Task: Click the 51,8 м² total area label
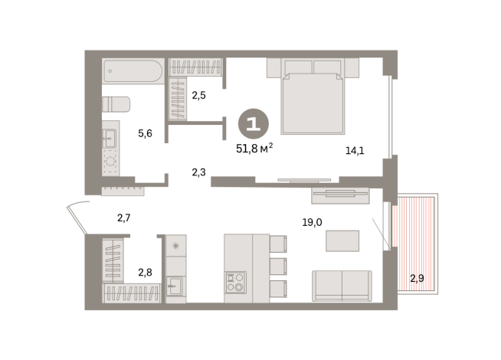[254, 149]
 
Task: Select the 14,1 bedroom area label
[355, 150]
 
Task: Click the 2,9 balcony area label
[417, 278]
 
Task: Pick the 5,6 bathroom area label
[145, 133]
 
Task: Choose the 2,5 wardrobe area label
[199, 96]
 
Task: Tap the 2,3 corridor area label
[198, 172]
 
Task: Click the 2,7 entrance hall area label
[124, 218]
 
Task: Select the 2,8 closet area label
[145, 272]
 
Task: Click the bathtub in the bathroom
[133, 72]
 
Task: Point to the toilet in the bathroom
[116, 104]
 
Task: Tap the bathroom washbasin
[110, 138]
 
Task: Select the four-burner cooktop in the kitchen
[236, 283]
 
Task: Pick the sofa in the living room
[342, 286]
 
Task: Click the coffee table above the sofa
[342, 241]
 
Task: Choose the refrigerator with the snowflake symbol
[175, 247]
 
